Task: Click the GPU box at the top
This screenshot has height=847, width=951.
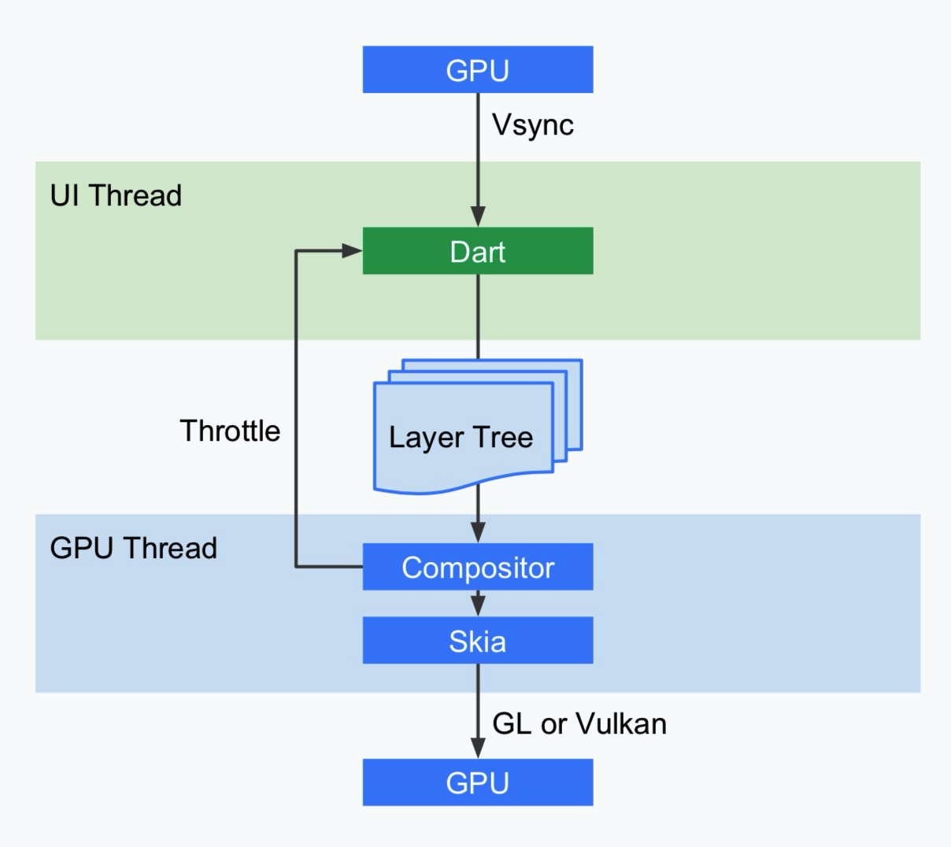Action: [x=477, y=69]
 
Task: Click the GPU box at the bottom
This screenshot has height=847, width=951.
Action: [x=477, y=782]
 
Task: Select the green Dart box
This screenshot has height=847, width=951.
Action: [x=477, y=251]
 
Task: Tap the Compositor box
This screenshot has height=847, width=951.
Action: [x=477, y=567]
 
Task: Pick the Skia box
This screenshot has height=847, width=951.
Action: [x=477, y=641]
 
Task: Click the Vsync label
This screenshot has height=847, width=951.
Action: [x=533, y=125]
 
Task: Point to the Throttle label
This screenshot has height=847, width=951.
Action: [x=230, y=431]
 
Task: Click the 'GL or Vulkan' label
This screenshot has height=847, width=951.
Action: [x=579, y=723]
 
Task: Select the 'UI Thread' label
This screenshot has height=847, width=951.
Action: [x=116, y=195]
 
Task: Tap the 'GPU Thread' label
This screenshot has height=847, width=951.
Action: [x=133, y=548]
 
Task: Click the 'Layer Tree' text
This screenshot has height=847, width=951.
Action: [x=461, y=437]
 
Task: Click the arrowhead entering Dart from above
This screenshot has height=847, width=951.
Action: [x=478, y=216]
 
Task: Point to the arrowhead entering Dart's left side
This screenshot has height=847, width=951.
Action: [x=351, y=251]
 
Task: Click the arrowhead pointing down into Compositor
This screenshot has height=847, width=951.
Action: [x=478, y=532]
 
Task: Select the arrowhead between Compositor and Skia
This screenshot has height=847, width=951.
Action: [x=478, y=605]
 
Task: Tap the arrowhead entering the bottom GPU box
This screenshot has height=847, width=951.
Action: [x=478, y=748]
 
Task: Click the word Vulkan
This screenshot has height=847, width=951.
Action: [x=621, y=723]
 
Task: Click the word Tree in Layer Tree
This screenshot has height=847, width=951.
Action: [x=502, y=437]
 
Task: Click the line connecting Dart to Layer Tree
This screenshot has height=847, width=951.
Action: [x=478, y=315]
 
